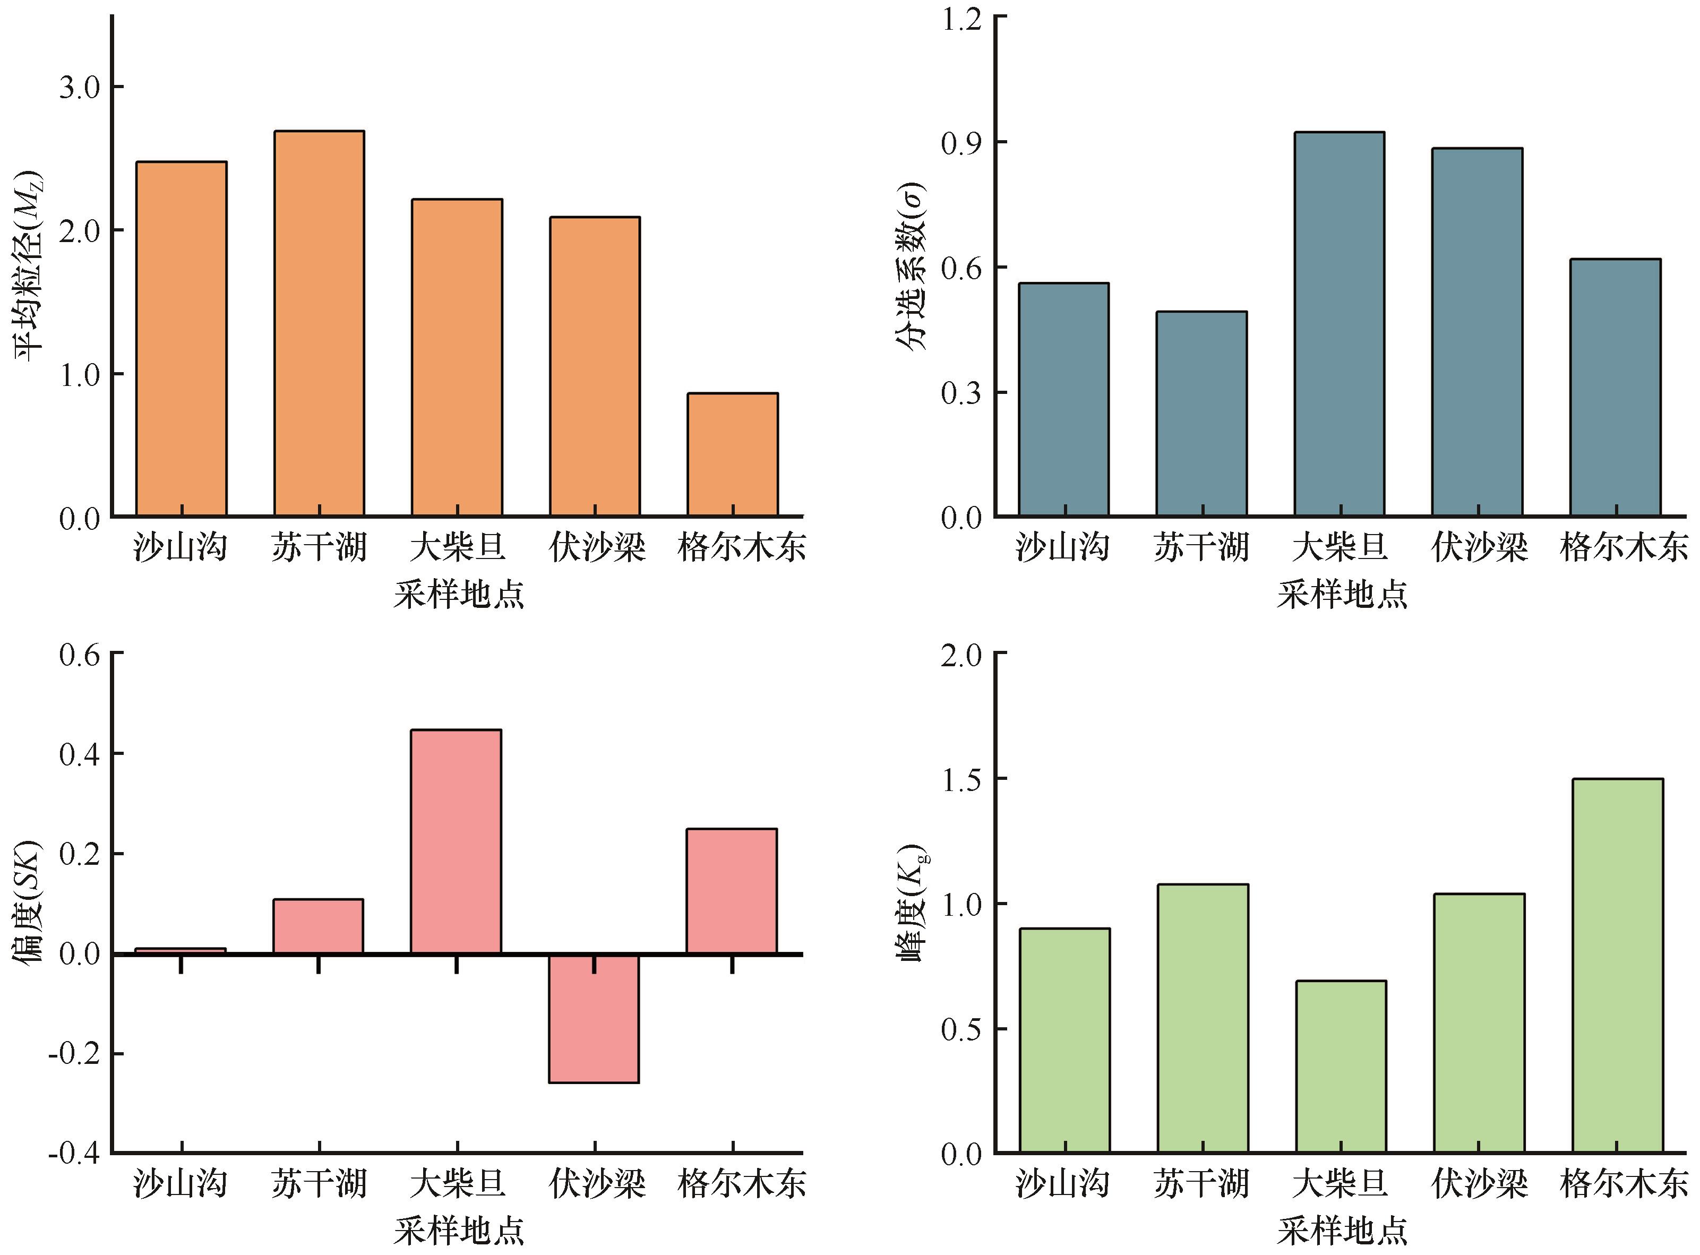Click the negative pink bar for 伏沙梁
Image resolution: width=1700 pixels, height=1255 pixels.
594,1019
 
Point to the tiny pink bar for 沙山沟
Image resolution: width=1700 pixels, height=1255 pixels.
181,950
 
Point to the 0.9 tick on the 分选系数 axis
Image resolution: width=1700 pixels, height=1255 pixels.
961,143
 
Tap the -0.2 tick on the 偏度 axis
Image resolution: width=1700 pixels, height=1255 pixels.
74,1054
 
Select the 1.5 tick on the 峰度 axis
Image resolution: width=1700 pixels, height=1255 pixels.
961,779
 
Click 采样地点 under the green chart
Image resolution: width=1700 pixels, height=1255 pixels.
1342,1231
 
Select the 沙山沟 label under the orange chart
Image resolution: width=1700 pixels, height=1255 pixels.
181,547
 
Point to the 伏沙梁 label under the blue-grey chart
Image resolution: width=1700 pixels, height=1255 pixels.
1478,547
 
